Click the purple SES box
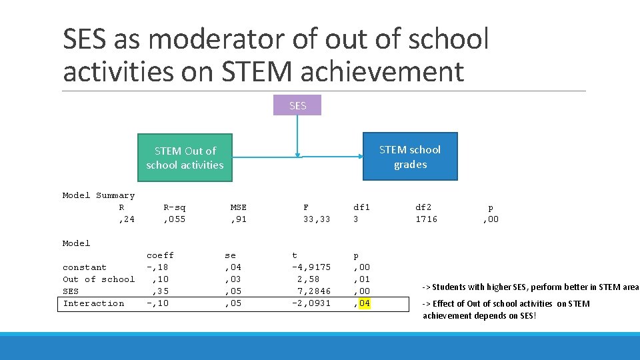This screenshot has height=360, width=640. point(298,105)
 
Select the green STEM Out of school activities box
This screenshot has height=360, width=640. point(185,158)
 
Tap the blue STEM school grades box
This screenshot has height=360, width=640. point(410,157)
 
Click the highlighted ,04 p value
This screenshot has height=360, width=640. point(362,303)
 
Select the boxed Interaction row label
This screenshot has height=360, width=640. point(93,303)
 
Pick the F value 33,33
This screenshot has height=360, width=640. point(317,219)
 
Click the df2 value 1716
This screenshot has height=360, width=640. point(426,219)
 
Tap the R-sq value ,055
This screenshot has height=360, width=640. point(174,219)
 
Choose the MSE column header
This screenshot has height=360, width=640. point(238,207)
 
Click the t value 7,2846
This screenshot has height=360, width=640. point(314,291)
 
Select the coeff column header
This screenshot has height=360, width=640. point(160,255)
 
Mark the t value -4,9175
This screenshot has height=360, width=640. point(311,267)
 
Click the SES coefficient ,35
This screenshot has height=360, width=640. point(160,291)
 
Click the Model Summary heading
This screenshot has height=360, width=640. point(99,195)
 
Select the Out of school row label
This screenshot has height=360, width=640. point(99,279)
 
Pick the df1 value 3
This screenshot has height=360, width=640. point(356,219)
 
